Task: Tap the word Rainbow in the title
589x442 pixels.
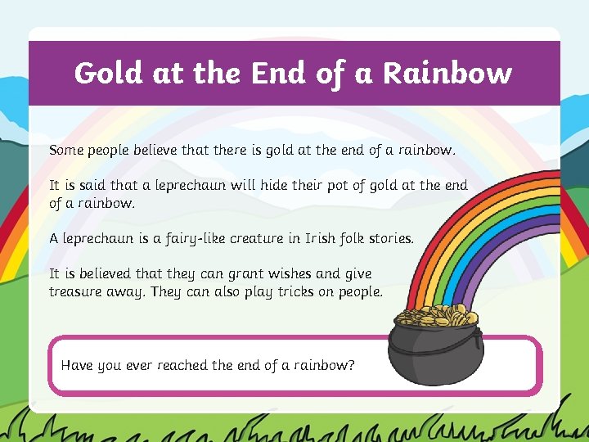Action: click(447, 74)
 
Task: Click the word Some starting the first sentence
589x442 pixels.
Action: click(66, 151)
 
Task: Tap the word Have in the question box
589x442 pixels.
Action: click(77, 365)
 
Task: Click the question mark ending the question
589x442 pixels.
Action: click(351, 365)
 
